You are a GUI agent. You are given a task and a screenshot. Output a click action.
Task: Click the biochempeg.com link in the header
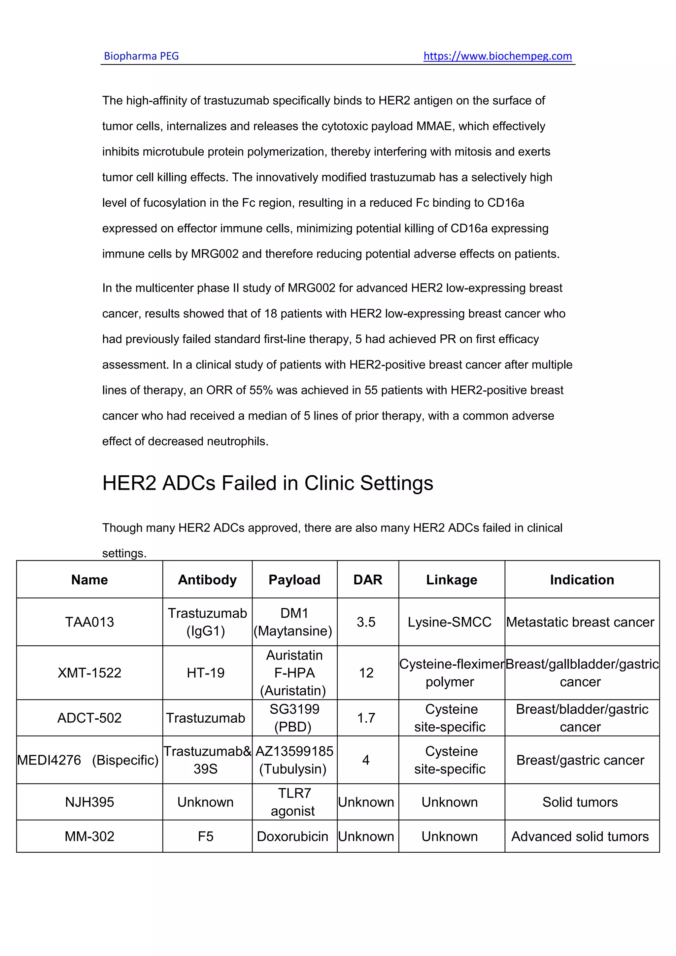(x=497, y=56)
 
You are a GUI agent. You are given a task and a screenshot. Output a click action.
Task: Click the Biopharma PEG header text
(x=141, y=56)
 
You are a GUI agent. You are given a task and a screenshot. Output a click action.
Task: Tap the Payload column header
(x=294, y=580)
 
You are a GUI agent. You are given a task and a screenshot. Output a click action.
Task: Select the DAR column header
(x=368, y=580)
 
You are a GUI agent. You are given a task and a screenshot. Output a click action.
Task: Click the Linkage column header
(x=452, y=580)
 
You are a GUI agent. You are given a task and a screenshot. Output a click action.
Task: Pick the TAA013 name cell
(x=89, y=622)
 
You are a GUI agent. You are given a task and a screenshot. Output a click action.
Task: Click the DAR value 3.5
(x=366, y=622)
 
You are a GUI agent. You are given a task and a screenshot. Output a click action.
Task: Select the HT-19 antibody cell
(x=206, y=672)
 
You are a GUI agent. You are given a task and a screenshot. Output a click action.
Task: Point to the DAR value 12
(x=366, y=672)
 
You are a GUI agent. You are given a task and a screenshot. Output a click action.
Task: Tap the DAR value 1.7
(x=366, y=717)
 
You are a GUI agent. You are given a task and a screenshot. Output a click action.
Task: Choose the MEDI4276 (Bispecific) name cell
(x=88, y=760)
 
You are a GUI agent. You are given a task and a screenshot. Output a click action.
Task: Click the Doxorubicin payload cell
(x=293, y=836)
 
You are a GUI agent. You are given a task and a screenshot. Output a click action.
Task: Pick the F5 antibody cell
(x=206, y=836)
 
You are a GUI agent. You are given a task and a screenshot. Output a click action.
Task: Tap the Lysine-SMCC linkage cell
(x=450, y=622)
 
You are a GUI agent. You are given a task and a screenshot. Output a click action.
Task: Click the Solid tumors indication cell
(x=580, y=802)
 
